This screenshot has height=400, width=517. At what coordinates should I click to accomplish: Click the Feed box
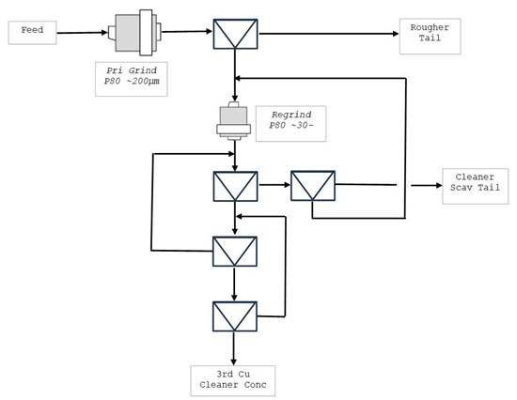coord(32,32)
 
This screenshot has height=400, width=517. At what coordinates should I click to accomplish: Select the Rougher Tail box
coord(430,36)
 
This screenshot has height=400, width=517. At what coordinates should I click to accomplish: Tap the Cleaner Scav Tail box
coord(475,186)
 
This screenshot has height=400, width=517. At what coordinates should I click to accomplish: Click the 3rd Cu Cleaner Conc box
coord(233,380)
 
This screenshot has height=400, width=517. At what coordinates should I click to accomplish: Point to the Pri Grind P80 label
coord(132,79)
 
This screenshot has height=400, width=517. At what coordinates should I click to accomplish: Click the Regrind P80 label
coord(291,124)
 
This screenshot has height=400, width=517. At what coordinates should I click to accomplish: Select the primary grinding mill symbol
coord(134,32)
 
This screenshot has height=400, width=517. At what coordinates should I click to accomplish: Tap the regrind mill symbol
coord(233,121)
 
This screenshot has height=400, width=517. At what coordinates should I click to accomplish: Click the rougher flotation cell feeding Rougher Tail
coord(235,34)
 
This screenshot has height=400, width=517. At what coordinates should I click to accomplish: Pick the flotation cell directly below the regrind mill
coord(235,186)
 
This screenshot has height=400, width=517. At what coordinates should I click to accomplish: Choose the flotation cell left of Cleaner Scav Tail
coord(313,186)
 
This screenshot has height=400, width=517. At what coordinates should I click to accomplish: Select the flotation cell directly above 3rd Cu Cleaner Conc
coord(234,316)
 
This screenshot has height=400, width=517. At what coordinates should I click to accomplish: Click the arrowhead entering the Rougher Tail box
coord(396,34)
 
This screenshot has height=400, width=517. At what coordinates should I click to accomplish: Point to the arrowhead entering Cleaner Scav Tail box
coord(439,186)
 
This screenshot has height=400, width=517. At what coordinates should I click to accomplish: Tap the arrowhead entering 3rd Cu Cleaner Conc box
coord(234,362)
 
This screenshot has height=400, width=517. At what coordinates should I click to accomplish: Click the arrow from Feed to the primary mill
coord(82,33)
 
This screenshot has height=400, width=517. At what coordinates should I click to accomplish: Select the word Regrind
coord(291,115)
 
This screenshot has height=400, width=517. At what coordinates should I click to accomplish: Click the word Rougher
coord(430,27)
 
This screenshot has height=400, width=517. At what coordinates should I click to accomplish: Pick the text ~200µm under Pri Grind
coord(143,81)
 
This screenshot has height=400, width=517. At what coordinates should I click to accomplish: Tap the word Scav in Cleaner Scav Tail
coord(462,187)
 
